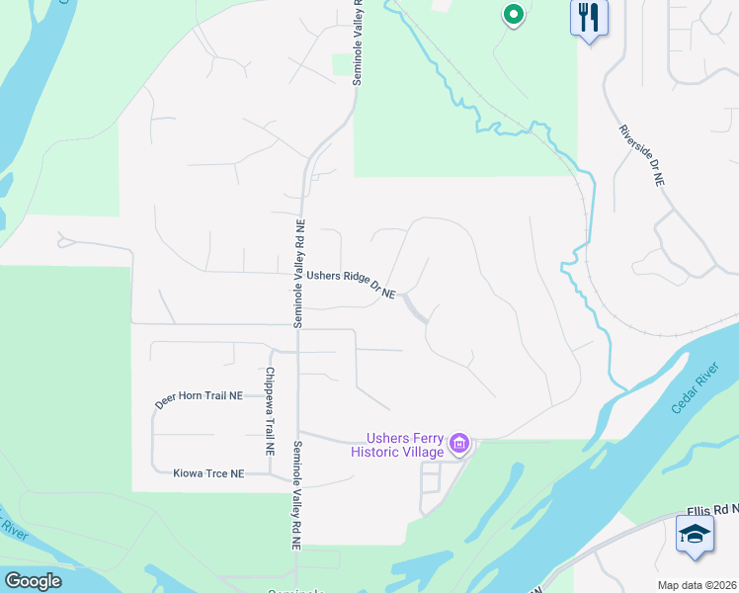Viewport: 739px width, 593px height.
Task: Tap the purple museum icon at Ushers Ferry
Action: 459,445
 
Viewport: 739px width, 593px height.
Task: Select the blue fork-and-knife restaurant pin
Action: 589,18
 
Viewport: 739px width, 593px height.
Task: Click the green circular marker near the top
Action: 513,15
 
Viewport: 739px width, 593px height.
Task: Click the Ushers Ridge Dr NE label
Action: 351,285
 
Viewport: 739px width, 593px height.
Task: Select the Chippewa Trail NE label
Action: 269,411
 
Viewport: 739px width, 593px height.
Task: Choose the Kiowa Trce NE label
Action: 208,474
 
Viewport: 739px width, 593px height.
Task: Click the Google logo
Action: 33,581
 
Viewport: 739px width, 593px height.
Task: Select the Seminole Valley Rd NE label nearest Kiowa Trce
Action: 295,494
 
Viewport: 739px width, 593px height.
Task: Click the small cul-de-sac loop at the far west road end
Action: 65,239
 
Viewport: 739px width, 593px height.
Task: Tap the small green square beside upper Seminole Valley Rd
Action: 343,65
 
